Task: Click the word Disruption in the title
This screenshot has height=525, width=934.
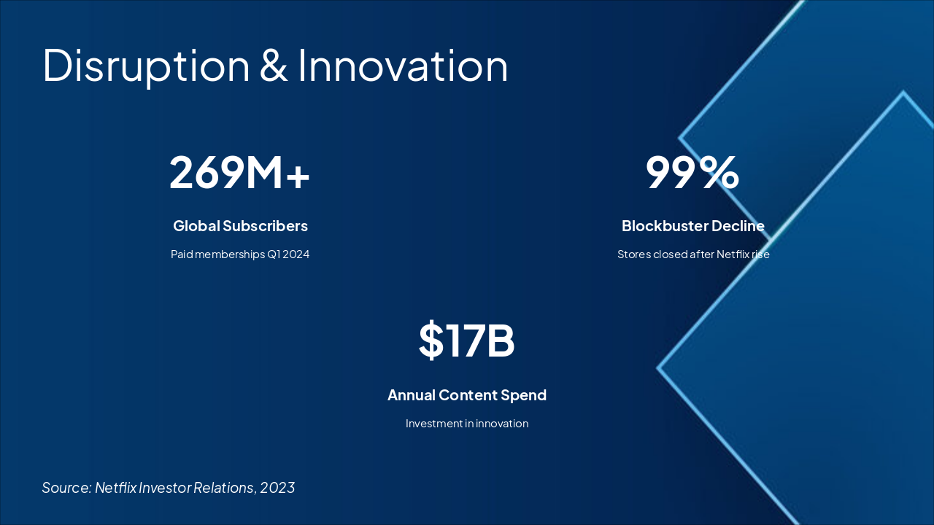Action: tap(146, 66)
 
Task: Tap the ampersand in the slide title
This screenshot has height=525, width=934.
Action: tap(274, 66)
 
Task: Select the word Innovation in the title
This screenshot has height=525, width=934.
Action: tap(403, 66)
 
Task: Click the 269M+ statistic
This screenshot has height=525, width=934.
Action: tap(240, 173)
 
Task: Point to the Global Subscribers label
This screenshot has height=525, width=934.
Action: tap(240, 226)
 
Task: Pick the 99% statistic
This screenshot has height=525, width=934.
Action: tap(692, 173)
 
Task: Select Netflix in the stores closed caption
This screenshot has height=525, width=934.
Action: tap(731, 254)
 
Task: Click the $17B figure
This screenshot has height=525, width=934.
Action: tap(467, 341)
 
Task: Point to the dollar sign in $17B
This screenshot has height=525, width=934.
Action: tap(431, 341)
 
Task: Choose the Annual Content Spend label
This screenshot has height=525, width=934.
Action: tap(467, 395)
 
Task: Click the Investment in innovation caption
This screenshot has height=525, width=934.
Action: tap(467, 424)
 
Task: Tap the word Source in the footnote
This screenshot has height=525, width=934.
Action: tap(66, 488)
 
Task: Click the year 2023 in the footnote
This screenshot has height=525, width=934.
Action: tap(277, 488)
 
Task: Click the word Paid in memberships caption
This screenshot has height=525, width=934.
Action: tap(182, 254)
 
